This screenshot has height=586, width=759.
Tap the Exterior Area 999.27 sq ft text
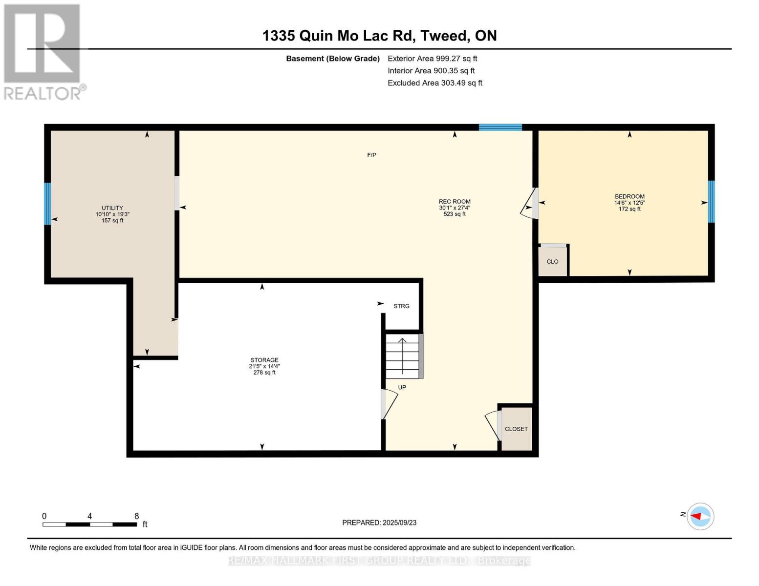(432, 59)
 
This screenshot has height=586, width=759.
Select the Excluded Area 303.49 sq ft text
(435, 83)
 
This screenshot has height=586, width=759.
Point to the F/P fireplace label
(371, 155)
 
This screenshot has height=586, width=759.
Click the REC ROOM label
(455, 201)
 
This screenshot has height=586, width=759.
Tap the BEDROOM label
(629, 196)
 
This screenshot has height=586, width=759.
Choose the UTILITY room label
(112, 208)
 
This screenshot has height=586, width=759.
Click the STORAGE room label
(264, 360)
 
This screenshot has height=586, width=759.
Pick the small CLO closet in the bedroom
(552, 261)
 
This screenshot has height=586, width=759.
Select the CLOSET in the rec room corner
(516, 429)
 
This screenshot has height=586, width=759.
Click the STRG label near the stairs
(401, 306)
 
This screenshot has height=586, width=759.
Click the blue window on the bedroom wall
(711, 201)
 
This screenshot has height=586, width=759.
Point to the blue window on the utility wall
(47, 204)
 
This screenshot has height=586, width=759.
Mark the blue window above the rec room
(500, 127)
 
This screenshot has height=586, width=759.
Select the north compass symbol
(700, 517)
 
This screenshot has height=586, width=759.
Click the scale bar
(89, 524)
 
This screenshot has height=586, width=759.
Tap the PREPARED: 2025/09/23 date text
(379, 523)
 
